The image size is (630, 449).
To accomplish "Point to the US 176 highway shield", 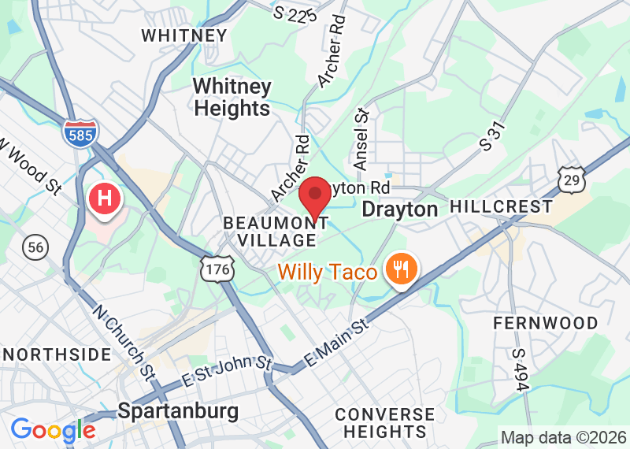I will (x=215, y=268).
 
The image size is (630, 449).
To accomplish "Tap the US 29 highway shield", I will (x=573, y=180).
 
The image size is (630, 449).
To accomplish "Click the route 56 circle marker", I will (x=35, y=247).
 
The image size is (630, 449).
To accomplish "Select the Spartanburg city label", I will (x=178, y=410).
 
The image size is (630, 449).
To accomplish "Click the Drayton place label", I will (x=399, y=209).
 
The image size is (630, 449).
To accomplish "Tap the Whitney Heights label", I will (x=232, y=97).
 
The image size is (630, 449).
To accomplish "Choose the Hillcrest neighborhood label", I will (x=501, y=207).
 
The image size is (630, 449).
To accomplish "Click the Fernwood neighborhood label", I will (x=545, y=323).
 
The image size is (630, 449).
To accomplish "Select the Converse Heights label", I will (x=384, y=423).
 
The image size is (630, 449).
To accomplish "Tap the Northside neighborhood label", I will (x=56, y=354).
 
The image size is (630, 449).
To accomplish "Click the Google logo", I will (x=53, y=430).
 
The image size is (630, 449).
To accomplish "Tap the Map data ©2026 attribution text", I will (x=563, y=437).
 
